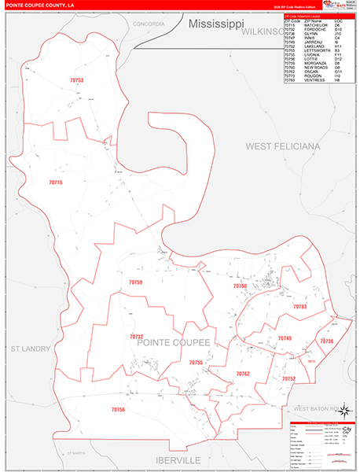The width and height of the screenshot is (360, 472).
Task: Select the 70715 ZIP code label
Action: pyautogui.click(x=55, y=183)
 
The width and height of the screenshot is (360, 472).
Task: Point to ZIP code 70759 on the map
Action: pyautogui.click(x=135, y=282)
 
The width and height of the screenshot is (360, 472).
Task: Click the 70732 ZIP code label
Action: pyautogui.click(x=136, y=337)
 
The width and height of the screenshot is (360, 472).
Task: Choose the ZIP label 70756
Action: pyautogui.click(x=118, y=410)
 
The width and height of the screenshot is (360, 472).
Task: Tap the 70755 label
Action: pyautogui.click(x=196, y=363)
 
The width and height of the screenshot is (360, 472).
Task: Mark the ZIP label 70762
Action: pyautogui.click(x=243, y=374)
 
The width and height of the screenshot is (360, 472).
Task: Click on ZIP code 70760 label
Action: pyautogui.click(x=240, y=286)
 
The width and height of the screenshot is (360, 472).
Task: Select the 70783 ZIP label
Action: pyautogui.click(x=299, y=306)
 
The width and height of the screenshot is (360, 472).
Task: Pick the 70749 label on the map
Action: pyautogui.click(x=285, y=338)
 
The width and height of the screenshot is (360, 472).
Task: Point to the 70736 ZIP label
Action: pyautogui.click(x=327, y=341)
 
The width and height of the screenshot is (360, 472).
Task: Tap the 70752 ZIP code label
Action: pyautogui.click(x=288, y=378)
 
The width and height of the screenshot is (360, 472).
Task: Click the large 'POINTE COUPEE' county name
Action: pyautogui.click(x=174, y=343)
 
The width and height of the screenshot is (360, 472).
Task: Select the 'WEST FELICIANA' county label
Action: pyautogui.click(x=283, y=146)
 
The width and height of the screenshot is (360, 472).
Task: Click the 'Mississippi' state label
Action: pyautogui.click(x=216, y=25)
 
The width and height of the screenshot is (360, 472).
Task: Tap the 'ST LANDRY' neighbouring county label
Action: pyautogui.click(x=30, y=348)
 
